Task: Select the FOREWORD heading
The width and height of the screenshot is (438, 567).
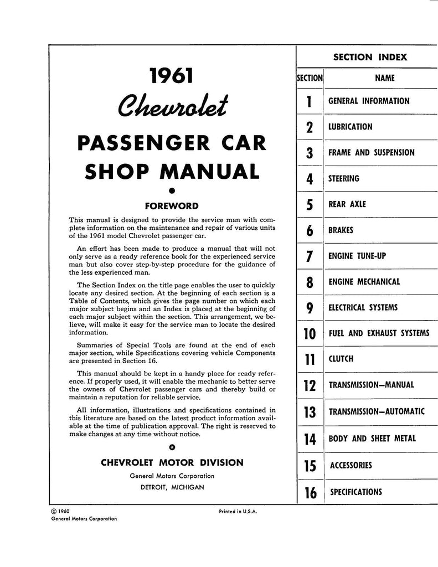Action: click(171, 206)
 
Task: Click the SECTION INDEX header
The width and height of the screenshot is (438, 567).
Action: click(369, 57)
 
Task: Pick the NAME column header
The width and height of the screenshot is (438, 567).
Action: click(384, 78)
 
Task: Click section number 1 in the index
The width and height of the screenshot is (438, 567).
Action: click(310, 102)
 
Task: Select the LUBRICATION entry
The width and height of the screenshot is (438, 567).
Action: click(350, 127)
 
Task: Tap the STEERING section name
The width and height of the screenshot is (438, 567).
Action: click(343, 178)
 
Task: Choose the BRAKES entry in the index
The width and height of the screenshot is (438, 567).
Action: click(341, 230)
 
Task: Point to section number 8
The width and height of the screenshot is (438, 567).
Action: click(310, 282)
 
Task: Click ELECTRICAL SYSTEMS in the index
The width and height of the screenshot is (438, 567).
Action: click(363, 307)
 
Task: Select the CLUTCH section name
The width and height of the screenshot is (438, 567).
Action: click(341, 359)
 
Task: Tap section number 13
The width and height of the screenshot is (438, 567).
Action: click(310, 412)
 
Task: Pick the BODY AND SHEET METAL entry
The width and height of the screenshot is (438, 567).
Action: click(372, 439)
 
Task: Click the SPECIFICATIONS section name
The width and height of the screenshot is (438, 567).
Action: click(356, 491)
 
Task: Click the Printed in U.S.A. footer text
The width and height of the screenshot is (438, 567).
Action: click(238, 512)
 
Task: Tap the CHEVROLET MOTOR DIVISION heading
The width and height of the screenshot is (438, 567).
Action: click(172, 462)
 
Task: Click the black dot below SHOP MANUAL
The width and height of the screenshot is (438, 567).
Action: click(172, 192)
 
